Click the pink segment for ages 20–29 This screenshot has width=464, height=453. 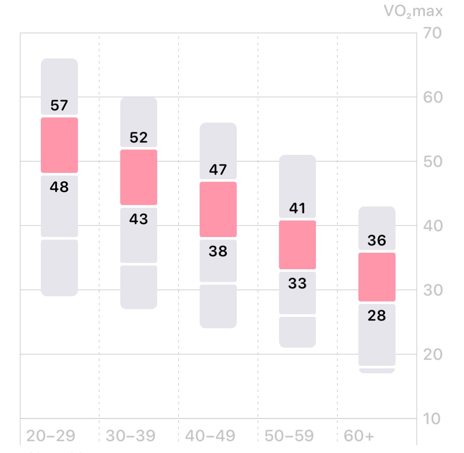(x=59, y=145)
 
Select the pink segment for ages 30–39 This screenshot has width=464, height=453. (x=139, y=177)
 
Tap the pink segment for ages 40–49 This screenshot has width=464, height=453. (x=218, y=209)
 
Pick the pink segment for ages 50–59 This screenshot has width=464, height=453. (x=297, y=245)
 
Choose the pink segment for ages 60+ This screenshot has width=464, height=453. (x=377, y=277)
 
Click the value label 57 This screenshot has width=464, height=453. (x=59, y=106)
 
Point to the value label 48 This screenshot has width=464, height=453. (x=59, y=187)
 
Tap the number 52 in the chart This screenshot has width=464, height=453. (x=139, y=138)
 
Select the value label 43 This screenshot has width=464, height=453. (x=139, y=219)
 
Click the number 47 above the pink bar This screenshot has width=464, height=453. (x=218, y=170)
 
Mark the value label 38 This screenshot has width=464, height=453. (x=218, y=251)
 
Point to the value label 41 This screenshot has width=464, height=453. (x=297, y=209)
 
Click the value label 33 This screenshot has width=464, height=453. (x=297, y=283)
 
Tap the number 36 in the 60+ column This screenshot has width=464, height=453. (x=377, y=240)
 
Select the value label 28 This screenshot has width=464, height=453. (x=377, y=315)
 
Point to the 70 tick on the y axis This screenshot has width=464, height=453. (x=433, y=33)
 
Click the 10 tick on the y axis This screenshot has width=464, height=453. (x=432, y=419)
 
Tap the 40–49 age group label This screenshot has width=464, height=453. (x=210, y=436)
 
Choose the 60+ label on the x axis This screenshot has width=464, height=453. (x=359, y=436)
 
